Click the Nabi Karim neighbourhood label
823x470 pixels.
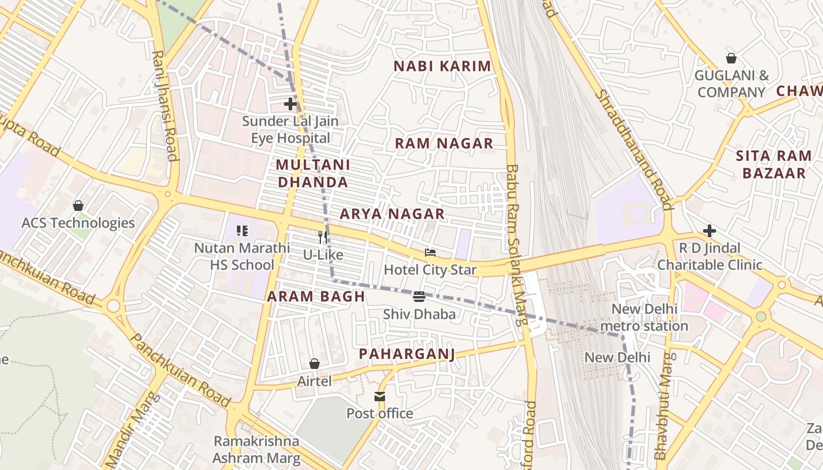coord(442,66)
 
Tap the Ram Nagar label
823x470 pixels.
coord(444,143)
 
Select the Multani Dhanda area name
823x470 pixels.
coord(313,173)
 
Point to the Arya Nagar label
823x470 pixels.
coord(392,214)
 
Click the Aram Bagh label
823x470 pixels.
coord(316,297)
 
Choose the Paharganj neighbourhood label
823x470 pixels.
coord(407,354)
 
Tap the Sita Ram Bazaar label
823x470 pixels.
coord(774,164)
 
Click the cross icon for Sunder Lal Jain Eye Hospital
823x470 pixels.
coord(290,105)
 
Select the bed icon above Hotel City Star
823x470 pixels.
coord(430,253)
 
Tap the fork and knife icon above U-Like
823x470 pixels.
coord(323,237)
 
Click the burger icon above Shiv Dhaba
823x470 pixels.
coord(419,297)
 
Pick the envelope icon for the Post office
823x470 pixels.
coord(380,397)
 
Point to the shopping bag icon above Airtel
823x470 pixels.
coord(315,364)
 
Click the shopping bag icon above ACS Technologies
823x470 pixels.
coord(78,206)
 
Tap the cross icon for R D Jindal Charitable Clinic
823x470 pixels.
coord(710,231)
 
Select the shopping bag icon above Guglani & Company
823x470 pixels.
coord(731,58)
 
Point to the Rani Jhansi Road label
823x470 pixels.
coord(165,106)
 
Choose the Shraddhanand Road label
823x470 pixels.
coord(633,150)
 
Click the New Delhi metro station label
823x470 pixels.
coord(644,317)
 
